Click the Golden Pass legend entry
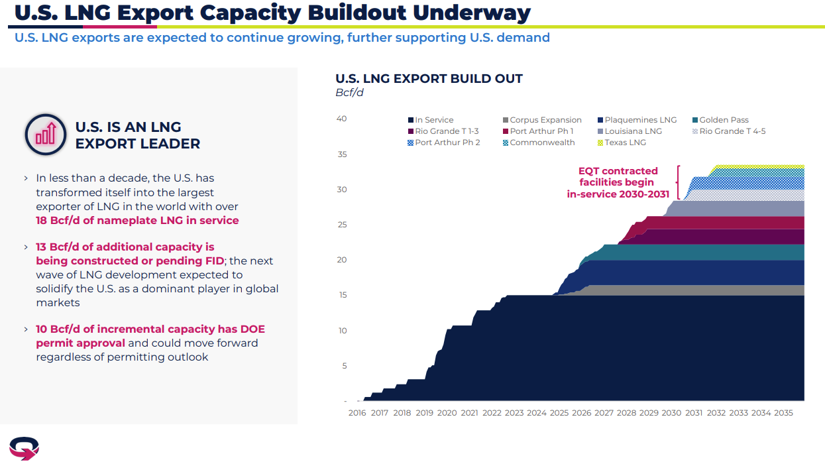point(724,120)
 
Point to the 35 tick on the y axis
point(342,154)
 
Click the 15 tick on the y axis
point(342,295)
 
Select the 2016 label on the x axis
point(357,413)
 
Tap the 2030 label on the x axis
point(671,413)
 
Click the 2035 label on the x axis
point(783,413)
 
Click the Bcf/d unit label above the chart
point(349,93)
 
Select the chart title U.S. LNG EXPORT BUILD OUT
point(429,79)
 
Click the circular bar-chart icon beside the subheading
point(46,135)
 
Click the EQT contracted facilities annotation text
point(618,182)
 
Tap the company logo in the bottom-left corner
point(24,448)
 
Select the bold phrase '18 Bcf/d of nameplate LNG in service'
point(137,220)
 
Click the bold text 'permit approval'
point(80,343)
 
